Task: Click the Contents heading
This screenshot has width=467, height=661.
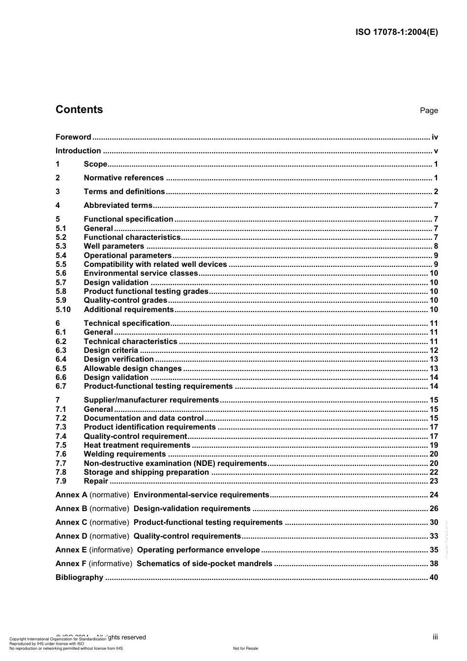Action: [79, 110]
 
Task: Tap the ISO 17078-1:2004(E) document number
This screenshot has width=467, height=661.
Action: [396, 32]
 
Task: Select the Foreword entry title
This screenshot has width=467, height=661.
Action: [73, 137]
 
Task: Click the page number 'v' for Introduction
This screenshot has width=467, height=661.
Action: [436, 151]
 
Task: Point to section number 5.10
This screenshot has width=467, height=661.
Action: [63, 310]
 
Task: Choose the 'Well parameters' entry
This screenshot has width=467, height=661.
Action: [114, 246]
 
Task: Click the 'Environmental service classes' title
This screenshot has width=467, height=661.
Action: [141, 273]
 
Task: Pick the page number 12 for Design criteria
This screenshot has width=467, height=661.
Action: [434, 350]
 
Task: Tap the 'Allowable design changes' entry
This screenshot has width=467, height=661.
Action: [133, 369]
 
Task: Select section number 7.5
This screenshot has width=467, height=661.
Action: [61, 445]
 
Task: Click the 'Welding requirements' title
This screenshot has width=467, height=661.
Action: [125, 454]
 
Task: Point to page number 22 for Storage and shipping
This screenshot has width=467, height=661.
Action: [434, 472]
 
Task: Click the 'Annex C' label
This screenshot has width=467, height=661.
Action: [71, 522]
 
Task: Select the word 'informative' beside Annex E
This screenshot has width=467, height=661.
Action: [111, 550]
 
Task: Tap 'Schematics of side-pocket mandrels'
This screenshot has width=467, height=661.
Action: [204, 564]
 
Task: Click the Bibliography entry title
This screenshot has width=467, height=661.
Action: [79, 577]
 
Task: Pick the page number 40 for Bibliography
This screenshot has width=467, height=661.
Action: [434, 577]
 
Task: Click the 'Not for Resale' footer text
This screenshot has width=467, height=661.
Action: [245, 648]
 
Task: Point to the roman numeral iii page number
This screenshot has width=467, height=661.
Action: [435, 637]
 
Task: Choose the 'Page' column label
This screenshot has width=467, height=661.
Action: [429, 111]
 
